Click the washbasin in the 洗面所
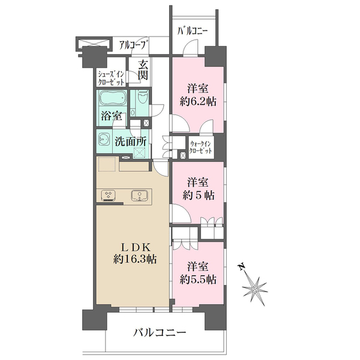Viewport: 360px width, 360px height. pos(104,139)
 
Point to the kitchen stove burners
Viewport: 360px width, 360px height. pos(108,196)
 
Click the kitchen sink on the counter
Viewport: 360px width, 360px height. pos(139,196)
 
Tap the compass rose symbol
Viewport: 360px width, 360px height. pos(255,289)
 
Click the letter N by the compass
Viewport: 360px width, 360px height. pos(241,266)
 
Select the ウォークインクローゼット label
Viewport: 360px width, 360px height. pos(200,148)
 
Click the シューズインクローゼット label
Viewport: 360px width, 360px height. pos(111,78)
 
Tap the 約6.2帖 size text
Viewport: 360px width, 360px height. pos(198,101)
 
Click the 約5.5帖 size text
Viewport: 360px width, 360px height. pos(198,280)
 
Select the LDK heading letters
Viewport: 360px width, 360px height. pos(136,247)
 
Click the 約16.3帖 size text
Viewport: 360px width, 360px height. pos(135,259)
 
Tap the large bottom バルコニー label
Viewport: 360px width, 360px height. pos(160,332)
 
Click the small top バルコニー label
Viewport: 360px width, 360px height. pos(193,31)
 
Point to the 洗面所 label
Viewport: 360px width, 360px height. pos(130,142)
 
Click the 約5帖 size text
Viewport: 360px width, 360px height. pos(199,196)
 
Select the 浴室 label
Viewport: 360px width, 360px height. pos(112,116)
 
